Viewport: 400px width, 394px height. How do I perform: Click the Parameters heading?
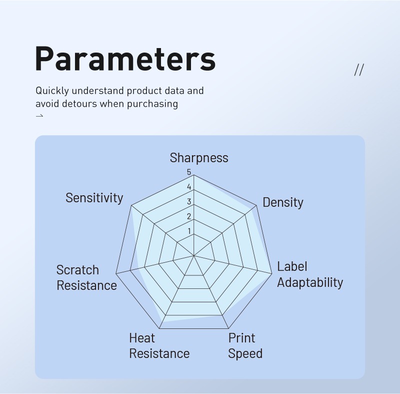point(125,59)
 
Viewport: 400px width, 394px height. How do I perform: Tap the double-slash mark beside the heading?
point(359,70)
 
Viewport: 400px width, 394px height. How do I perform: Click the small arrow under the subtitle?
point(39,116)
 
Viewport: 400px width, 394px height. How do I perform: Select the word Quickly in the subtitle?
point(52,91)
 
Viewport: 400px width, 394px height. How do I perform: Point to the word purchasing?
point(152,104)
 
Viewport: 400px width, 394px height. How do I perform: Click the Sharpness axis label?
point(199,158)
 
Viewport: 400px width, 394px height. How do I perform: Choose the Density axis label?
point(283,202)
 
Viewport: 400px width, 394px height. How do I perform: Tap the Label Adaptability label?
point(310,274)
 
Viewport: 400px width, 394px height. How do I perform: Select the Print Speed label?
point(245,346)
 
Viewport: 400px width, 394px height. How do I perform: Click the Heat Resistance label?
point(159,346)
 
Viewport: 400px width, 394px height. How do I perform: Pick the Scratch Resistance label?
point(86,277)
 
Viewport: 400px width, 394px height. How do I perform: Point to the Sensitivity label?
point(94,198)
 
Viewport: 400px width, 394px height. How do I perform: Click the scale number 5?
point(189,172)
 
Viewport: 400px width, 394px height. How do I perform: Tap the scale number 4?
point(189,187)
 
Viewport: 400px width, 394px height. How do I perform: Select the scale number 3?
point(189,202)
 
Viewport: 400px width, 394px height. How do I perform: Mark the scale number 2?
point(189,217)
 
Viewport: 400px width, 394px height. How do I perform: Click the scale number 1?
point(189,231)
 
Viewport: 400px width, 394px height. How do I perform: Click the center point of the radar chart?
point(193,255)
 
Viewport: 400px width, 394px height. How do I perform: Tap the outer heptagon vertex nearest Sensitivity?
point(131,205)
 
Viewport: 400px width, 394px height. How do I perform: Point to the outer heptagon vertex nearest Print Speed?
point(228,328)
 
